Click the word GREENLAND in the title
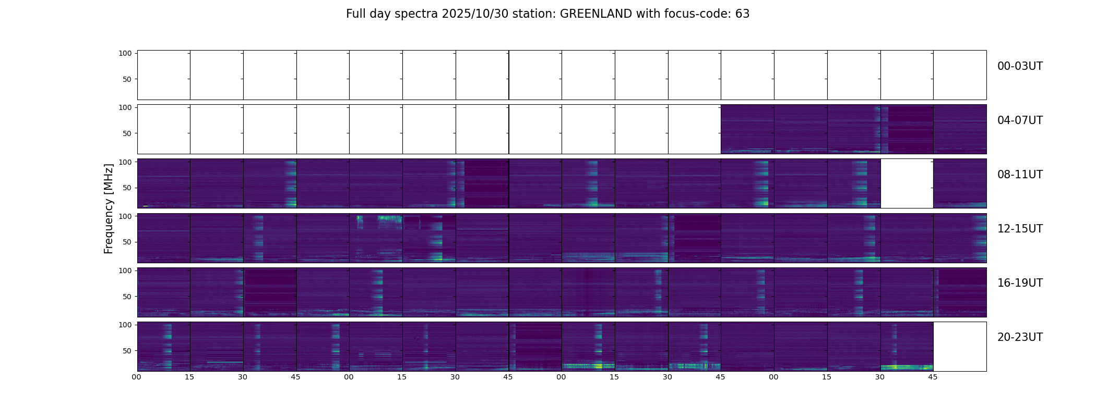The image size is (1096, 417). click(x=595, y=14)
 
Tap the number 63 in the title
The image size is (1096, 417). click(x=742, y=14)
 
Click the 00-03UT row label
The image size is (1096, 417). click(x=1020, y=66)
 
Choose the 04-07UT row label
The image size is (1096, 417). click(x=1020, y=120)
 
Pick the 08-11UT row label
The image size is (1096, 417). click(x=1020, y=175)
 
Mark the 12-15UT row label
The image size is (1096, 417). click(x=1020, y=229)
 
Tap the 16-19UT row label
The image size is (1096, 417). click(x=1020, y=283)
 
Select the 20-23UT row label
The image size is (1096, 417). click(x=1020, y=337)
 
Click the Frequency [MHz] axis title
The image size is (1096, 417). click(x=109, y=208)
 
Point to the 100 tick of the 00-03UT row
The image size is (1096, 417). click(x=125, y=53)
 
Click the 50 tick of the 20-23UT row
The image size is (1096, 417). click(x=127, y=351)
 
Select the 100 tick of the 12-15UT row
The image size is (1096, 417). click(x=125, y=216)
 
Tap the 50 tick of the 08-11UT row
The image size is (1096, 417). click(x=127, y=188)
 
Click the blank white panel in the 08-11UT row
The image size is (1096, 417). click(x=907, y=183)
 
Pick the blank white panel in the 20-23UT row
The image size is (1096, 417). click(x=960, y=347)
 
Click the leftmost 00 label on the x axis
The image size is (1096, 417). click(x=137, y=377)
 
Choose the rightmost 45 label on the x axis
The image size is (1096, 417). click(x=933, y=377)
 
